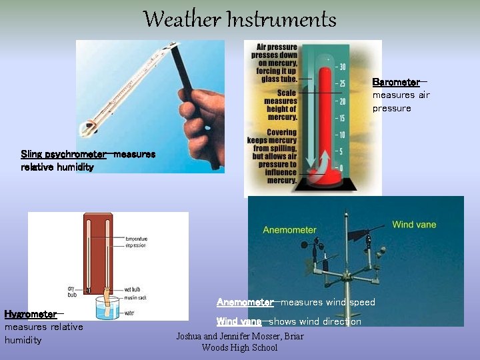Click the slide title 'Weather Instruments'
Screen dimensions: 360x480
(239, 19)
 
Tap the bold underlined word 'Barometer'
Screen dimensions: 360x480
(396, 82)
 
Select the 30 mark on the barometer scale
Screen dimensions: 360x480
(342, 67)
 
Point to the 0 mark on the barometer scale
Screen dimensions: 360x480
(342, 167)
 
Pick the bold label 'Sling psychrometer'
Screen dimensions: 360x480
(63, 154)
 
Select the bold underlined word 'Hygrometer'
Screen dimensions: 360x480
(30, 314)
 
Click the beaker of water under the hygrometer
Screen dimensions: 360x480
(109, 309)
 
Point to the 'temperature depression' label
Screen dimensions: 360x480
(136, 241)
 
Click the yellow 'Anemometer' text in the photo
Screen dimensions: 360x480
(289, 230)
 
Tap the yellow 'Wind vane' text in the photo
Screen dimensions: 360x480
(414, 225)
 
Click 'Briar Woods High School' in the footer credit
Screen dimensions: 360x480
(239, 342)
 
